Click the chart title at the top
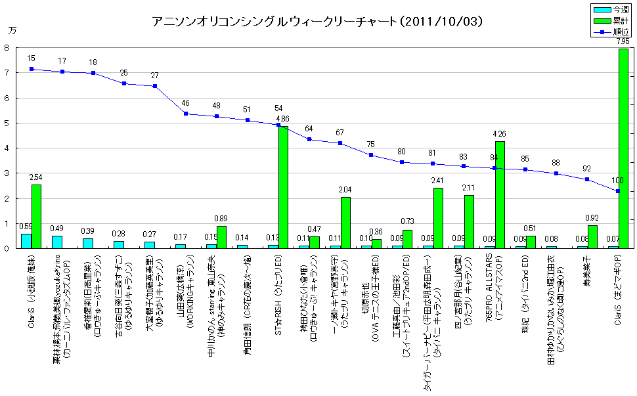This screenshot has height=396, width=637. point(318,21)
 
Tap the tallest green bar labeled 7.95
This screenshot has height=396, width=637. point(623,148)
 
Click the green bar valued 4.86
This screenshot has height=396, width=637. point(283,187)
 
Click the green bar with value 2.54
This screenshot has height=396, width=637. point(36,216)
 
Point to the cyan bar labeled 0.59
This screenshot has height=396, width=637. point(26,240)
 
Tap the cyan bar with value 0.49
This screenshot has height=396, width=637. point(57,242)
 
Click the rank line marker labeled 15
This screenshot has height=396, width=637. point(31,69)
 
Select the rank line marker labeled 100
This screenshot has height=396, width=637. point(618,191)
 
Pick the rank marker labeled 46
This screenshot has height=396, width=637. point(185,114)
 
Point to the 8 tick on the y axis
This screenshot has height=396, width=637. point(6,48)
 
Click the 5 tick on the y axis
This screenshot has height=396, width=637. point(6,123)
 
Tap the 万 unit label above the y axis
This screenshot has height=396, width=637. point(12,30)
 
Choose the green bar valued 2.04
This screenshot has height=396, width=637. point(345,223)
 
